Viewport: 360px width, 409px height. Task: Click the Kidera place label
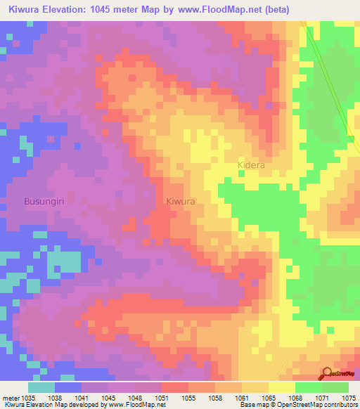coord(250,164)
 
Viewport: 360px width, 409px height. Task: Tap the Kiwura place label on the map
coord(181,201)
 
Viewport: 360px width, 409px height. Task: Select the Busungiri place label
coord(45,201)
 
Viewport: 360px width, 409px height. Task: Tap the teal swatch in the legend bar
coord(41,387)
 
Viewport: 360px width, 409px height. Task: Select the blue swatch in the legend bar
coord(68,387)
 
